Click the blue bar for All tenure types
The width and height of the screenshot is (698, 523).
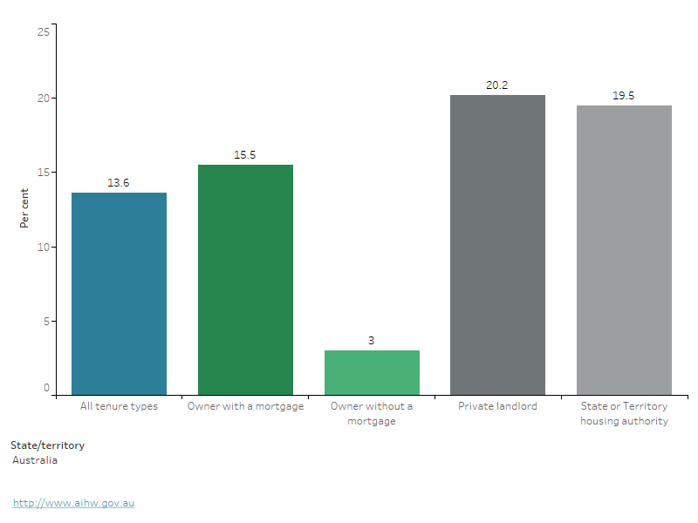[x=119, y=294]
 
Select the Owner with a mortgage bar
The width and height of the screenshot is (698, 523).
[x=245, y=280]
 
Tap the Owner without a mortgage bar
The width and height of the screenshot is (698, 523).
[x=372, y=372]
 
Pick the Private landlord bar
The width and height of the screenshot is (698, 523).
[x=497, y=245]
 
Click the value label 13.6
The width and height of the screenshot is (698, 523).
[x=119, y=183]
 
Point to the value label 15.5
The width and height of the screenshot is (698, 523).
[x=245, y=155]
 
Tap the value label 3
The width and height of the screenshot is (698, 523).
[x=372, y=341]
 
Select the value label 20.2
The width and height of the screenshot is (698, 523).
[x=497, y=85]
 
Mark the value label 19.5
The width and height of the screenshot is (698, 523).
[x=624, y=96]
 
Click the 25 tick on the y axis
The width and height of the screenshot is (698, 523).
[x=43, y=31]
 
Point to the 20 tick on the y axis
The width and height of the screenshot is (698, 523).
[x=43, y=98]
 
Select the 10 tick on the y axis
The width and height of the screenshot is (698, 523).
[x=43, y=247]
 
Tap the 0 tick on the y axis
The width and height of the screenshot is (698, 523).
[x=46, y=389]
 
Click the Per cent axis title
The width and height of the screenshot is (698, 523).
[x=24, y=208]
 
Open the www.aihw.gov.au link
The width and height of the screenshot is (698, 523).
[x=73, y=503]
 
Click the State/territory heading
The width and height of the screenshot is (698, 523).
[x=47, y=445]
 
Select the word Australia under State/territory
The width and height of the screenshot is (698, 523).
[x=35, y=460]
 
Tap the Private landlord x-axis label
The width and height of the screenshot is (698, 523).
[x=497, y=407]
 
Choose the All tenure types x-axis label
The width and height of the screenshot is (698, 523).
[x=119, y=407]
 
